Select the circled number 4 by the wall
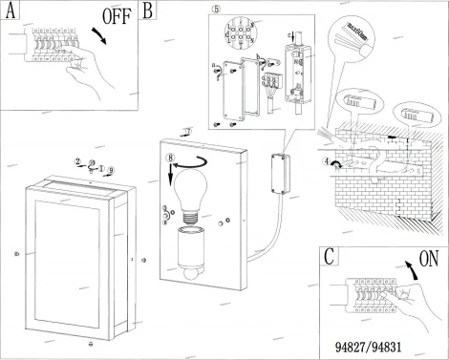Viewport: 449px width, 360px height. [x=326, y=164]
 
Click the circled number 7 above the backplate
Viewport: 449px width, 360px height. [x=189, y=129]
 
